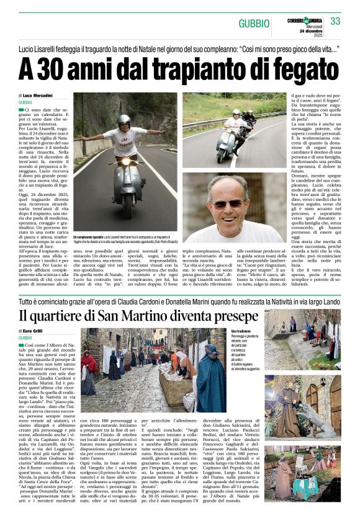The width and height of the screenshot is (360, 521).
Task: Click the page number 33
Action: tap(335, 21)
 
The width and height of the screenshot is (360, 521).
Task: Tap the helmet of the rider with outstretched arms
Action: tap(124, 120)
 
